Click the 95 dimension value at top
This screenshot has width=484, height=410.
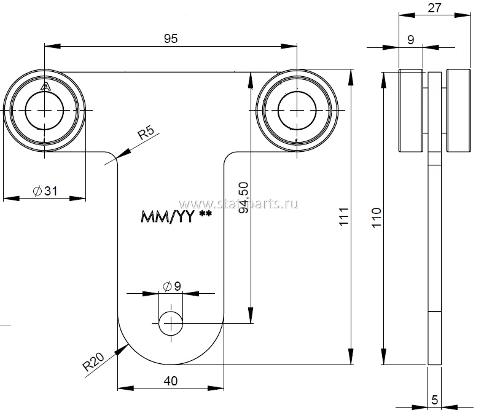pos(171,38)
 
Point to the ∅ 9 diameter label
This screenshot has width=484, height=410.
pos(171,285)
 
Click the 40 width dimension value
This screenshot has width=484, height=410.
pos(171,381)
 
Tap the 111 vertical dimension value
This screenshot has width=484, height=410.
pos(344,217)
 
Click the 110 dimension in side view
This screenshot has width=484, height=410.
pos(376,218)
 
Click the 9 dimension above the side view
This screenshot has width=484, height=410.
pos(411,39)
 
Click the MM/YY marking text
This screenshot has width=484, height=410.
pos(168,216)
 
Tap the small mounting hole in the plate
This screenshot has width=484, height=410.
pos(171,323)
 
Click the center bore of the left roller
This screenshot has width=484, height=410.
pos(45,110)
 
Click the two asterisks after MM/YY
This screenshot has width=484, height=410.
pos(205,215)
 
